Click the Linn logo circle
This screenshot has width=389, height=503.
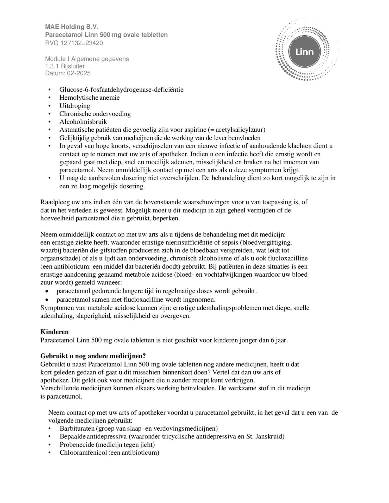tap(304, 52)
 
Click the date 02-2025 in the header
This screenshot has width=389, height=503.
tap(79, 73)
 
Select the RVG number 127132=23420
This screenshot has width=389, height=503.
tap(81, 43)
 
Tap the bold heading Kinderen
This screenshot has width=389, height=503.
tap(54, 332)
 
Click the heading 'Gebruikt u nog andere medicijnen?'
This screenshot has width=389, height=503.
tap(93, 356)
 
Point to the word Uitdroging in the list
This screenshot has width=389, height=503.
tap(75, 106)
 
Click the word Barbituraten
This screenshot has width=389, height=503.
tap(76, 428)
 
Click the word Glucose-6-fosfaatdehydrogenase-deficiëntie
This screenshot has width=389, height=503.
tap(121, 90)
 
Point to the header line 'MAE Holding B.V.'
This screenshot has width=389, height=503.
tap(72, 27)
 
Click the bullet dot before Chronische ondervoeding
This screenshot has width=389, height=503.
tap(49, 114)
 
